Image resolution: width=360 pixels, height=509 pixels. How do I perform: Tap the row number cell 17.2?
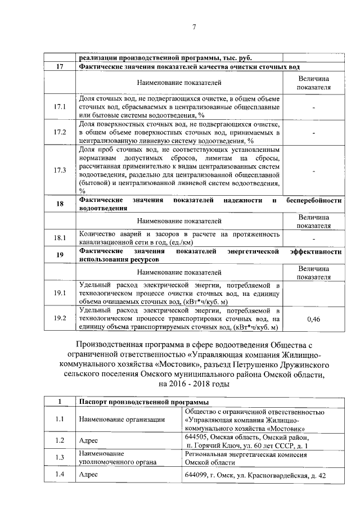coord(60,132)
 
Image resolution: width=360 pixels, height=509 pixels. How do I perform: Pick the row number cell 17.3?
coord(60,170)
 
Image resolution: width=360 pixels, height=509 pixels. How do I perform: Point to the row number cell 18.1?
coord(60,238)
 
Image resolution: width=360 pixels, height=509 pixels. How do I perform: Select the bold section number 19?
coord(60,255)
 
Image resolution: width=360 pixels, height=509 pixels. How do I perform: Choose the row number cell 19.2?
coord(60,319)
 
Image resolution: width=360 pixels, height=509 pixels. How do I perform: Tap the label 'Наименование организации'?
coord(122,419)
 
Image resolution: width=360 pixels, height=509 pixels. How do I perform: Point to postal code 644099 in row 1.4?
coord(197,475)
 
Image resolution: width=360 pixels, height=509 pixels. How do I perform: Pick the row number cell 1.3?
coord(60,457)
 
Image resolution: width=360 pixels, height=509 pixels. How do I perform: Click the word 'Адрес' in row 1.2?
coord(89,440)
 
